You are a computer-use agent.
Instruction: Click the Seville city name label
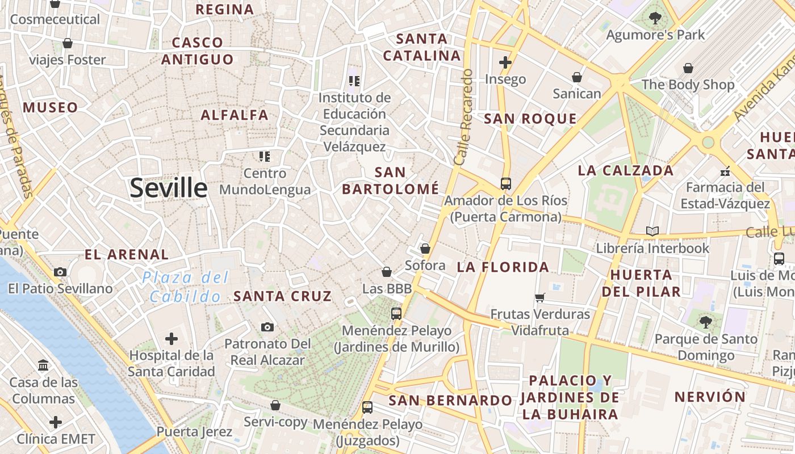pos(169,188)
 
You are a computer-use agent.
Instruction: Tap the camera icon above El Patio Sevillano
pos(60,272)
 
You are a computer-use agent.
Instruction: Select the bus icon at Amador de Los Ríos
pos(505,184)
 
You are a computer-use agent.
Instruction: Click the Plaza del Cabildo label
pos(185,287)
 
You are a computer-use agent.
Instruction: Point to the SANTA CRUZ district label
pos(282,296)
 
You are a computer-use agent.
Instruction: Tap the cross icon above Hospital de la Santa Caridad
pos(171,339)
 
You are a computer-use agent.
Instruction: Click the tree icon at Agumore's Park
pos(655,18)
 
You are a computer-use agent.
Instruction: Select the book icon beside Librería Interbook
pos(652,232)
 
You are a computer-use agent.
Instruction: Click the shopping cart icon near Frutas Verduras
pos(540,297)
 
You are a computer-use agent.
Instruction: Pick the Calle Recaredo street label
pos(463,117)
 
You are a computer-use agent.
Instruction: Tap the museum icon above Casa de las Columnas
pos(43,365)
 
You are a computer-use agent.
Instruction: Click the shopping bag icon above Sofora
pos(425,249)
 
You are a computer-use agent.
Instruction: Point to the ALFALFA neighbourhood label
pos(235,115)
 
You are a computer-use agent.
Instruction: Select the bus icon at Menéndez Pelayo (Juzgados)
pos(367,407)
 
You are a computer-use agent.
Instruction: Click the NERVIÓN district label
pos(710,397)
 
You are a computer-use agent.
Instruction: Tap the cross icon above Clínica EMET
pos(55,422)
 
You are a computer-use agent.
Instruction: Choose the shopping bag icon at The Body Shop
pos(688,68)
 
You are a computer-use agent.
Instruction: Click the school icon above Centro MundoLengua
pos(265,156)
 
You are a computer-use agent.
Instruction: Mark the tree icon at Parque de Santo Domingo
pos(706,322)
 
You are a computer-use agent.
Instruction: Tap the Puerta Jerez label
pos(194,432)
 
